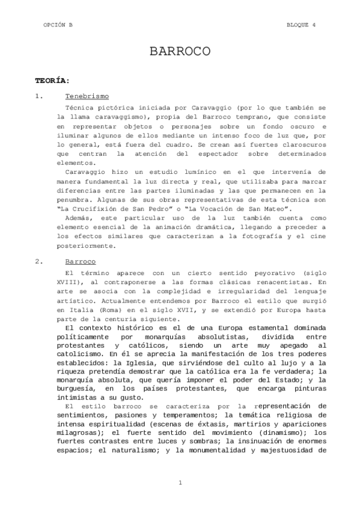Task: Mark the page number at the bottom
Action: tap(180, 483)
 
